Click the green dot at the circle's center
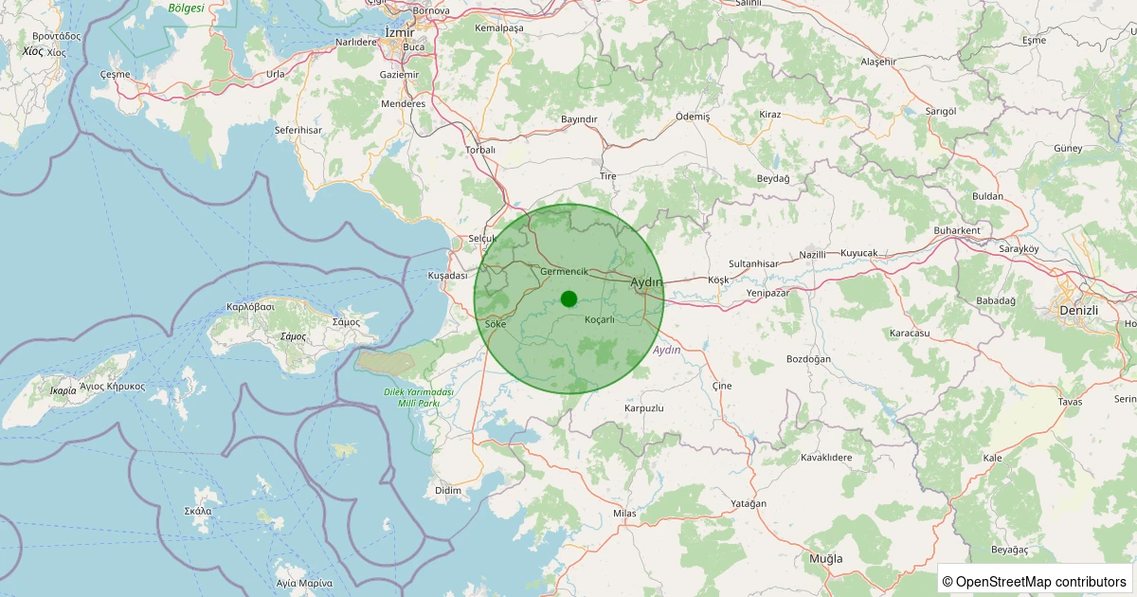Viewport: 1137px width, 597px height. [568, 299]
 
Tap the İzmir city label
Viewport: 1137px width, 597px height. [400, 32]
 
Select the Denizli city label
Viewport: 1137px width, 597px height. [1077, 311]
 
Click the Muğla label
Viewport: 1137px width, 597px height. [825, 558]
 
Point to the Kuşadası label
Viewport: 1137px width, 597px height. [448, 275]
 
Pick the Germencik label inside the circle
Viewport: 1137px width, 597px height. [564, 272]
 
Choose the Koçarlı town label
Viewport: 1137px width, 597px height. [600, 319]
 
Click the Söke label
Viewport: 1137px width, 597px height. [496, 324]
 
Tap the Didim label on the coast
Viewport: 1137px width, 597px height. [447, 490]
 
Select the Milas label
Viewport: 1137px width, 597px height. [624, 513]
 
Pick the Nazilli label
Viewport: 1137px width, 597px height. [813, 255]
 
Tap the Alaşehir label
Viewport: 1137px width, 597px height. [877, 62]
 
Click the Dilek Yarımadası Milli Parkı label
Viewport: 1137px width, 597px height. [419, 398]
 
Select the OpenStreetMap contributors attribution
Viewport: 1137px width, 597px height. [1034, 581]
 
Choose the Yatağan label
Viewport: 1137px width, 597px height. [749, 503]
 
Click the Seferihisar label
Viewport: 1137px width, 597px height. [298, 130]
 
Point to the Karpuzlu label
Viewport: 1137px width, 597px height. [644, 407]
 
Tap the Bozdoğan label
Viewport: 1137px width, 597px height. [808, 359]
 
